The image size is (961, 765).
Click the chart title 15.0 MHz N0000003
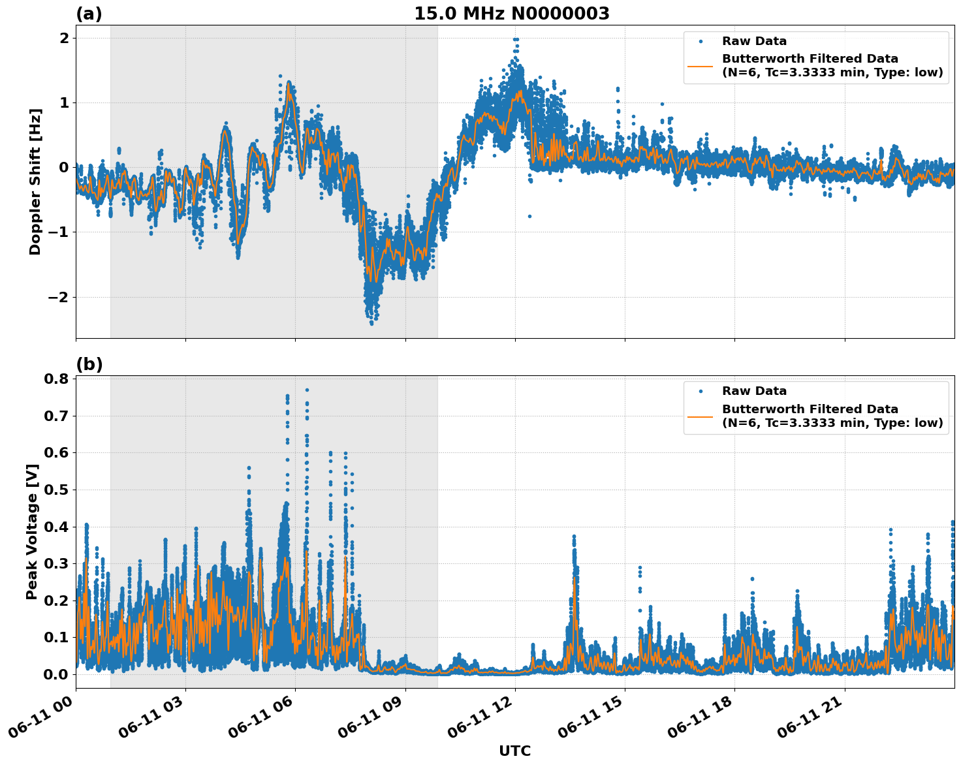pos(511,14)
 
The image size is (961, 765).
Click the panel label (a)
pos(89,14)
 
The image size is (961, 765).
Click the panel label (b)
pos(89,364)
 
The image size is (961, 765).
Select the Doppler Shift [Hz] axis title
pos(35,181)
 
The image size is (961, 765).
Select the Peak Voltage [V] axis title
pos(32,532)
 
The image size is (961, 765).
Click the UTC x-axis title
pos(514,751)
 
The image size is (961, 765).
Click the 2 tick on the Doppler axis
pos(64,38)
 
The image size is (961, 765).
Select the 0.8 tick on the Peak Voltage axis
pos(56,379)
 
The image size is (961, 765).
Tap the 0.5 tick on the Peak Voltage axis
pos(56,490)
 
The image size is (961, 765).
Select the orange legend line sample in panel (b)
pos(701,416)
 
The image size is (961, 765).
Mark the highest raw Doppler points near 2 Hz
pos(516,40)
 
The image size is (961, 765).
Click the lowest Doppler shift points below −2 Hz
pos(372,321)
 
